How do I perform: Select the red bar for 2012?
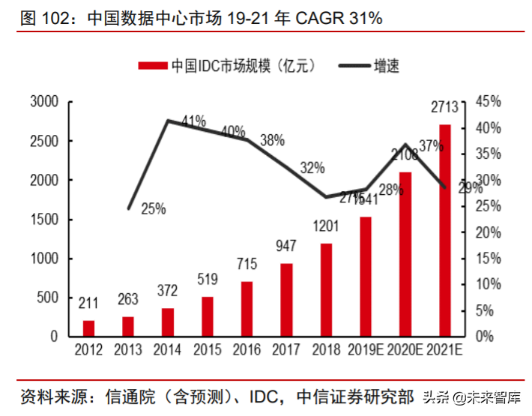[x=89, y=328]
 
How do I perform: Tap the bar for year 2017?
[x=286, y=300]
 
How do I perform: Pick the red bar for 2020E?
[x=405, y=254]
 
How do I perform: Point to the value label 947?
[x=287, y=246]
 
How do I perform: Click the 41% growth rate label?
[x=193, y=121]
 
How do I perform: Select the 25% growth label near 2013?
[x=153, y=209]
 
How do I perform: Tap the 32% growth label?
[x=312, y=169]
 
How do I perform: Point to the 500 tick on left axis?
[x=48, y=298]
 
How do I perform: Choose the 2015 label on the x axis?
[x=208, y=349]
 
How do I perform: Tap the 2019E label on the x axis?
[x=365, y=349]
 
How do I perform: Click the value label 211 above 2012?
[x=89, y=303]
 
